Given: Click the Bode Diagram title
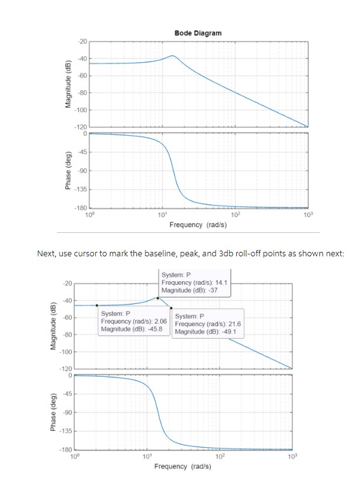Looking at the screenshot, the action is click(x=198, y=33).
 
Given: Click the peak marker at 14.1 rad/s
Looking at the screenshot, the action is click(x=157, y=298).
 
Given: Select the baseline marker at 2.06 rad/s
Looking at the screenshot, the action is click(x=97, y=305).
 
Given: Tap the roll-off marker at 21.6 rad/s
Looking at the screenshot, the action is click(x=171, y=308).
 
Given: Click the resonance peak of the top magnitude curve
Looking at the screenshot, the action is click(x=173, y=56).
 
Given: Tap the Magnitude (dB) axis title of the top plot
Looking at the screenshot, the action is click(x=68, y=84).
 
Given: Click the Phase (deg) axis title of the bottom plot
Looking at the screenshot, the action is click(x=53, y=412).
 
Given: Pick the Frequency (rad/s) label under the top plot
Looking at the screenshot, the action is click(x=198, y=225).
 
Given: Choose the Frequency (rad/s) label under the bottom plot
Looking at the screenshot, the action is click(x=182, y=466).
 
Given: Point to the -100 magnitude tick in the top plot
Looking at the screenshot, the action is click(x=81, y=110).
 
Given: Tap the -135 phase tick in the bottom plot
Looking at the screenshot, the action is click(x=66, y=431).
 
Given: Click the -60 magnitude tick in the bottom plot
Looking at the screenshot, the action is click(x=67, y=317).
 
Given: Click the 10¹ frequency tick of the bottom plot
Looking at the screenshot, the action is click(x=147, y=456).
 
